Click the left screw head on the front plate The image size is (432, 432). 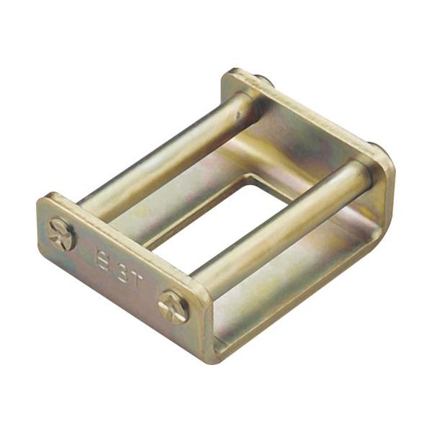coord(61,234)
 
